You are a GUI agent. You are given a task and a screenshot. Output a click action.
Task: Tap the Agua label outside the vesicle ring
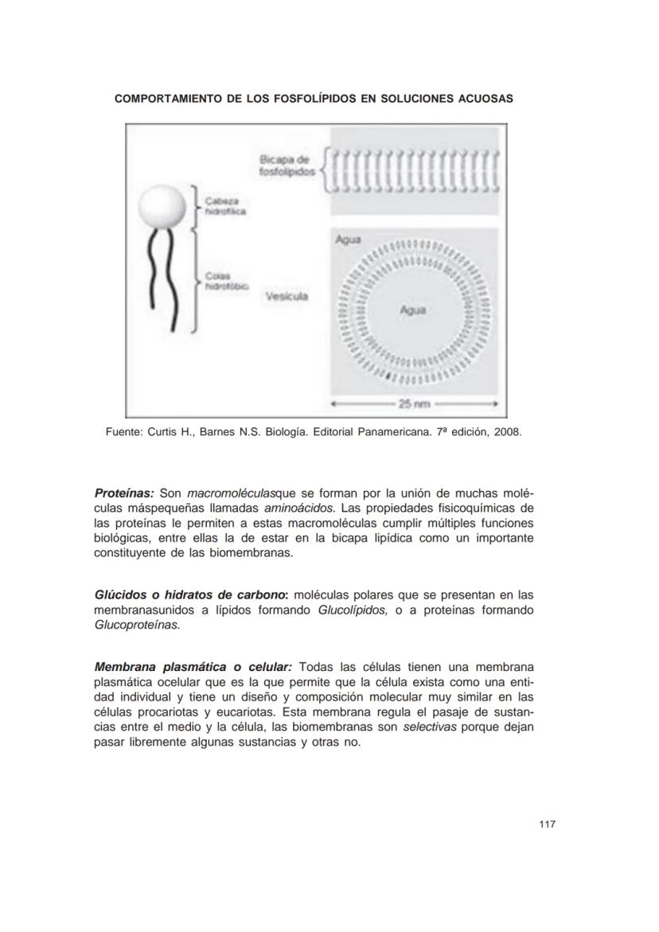click(348, 239)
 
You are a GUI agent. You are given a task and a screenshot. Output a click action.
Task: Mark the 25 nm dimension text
click(414, 404)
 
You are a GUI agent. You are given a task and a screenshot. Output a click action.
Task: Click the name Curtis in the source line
click(164, 432)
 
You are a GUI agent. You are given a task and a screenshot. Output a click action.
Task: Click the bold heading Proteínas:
click(124, 493)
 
